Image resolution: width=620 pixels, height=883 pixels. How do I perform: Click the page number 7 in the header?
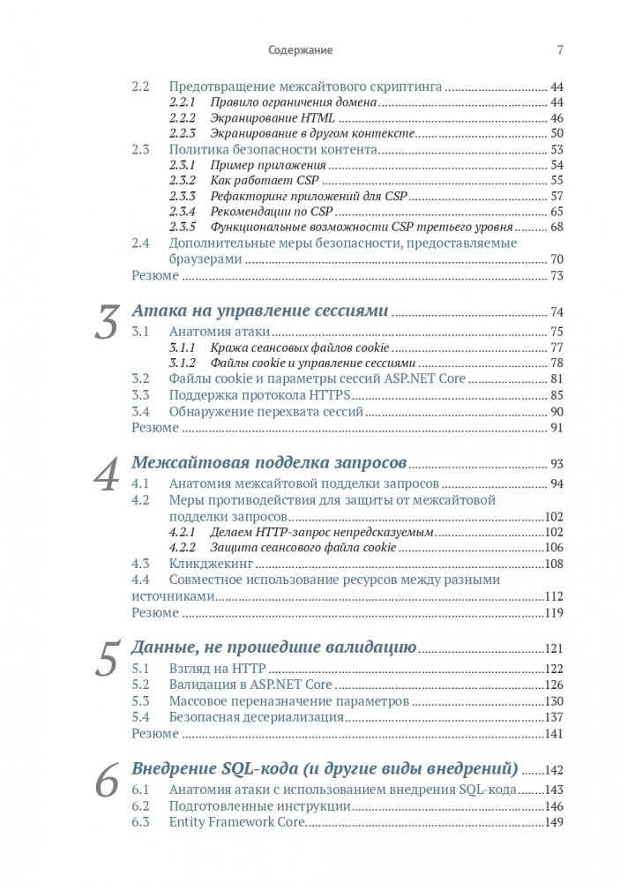(x=560, y=50)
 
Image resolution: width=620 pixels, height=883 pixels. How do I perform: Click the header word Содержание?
(x=301, y=50)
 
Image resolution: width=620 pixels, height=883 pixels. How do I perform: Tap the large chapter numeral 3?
(x=108, y=323)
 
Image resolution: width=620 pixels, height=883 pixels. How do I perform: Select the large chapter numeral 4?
(x=108, y=475)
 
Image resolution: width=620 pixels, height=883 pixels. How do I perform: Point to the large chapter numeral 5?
(x=108, y=659)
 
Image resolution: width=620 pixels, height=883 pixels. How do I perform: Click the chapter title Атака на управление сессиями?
(x=260, y=311)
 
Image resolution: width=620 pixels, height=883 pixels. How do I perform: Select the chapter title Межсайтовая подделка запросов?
(x=268, y=463)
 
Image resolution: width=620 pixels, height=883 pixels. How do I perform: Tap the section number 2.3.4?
(x=182, y=212)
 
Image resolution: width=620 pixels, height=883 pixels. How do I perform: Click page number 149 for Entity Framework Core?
(x=554, y=822)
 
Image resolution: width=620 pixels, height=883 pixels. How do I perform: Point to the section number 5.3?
(x=141, y=701)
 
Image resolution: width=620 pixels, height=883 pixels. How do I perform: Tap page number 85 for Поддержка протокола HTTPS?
(x=557, y=394)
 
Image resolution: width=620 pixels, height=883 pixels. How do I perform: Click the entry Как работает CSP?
(x=250, y=180)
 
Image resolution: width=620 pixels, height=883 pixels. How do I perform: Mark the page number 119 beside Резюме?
(x=554, y=612)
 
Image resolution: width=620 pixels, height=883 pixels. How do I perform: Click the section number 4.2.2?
(x=182, y=547)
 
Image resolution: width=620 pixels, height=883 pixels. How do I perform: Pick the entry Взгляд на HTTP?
(x=217, y=668)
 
